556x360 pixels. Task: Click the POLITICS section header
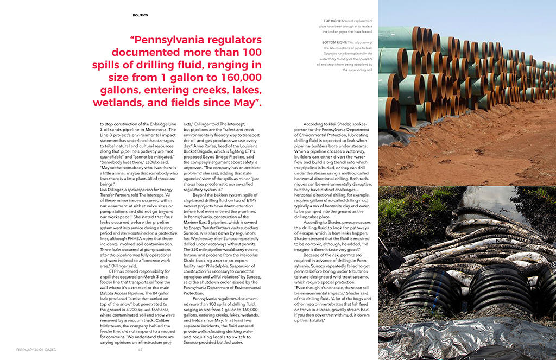140,15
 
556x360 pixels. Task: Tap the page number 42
140,350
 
